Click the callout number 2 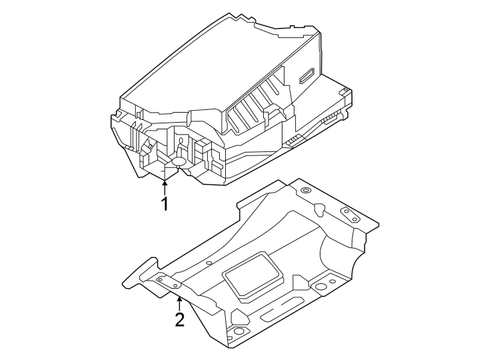pos(179,319)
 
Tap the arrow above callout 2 pos(179,300)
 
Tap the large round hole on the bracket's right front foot pos(321,287)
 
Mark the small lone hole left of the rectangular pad pos(209,263)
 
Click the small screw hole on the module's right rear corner pos(344,90)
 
